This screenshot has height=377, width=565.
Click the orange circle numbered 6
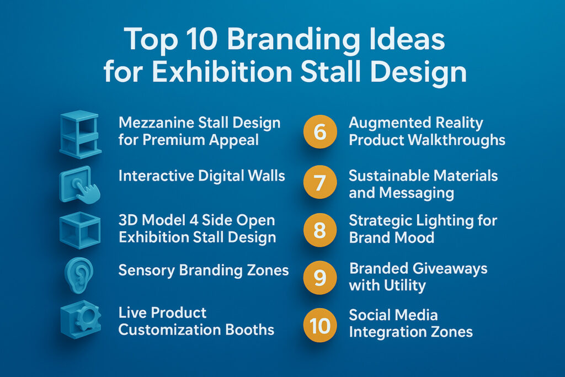[x=320, y=132]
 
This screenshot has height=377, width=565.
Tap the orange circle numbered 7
[x=320, y=182]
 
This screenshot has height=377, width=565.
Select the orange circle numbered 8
[x=320, y=230]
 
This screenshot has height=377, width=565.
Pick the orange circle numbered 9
[x=320, y=278]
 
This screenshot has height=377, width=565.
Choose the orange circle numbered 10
[x=320, y=325]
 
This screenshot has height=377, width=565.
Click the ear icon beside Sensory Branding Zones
[x=79, y=275]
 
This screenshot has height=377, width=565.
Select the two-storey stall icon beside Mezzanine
[x=79, y=135]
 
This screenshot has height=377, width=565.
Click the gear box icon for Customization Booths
[x=81, y=320]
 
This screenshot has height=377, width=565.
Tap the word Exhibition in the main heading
[x=222, y=72]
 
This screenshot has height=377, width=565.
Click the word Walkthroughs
[x=456, y=140]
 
